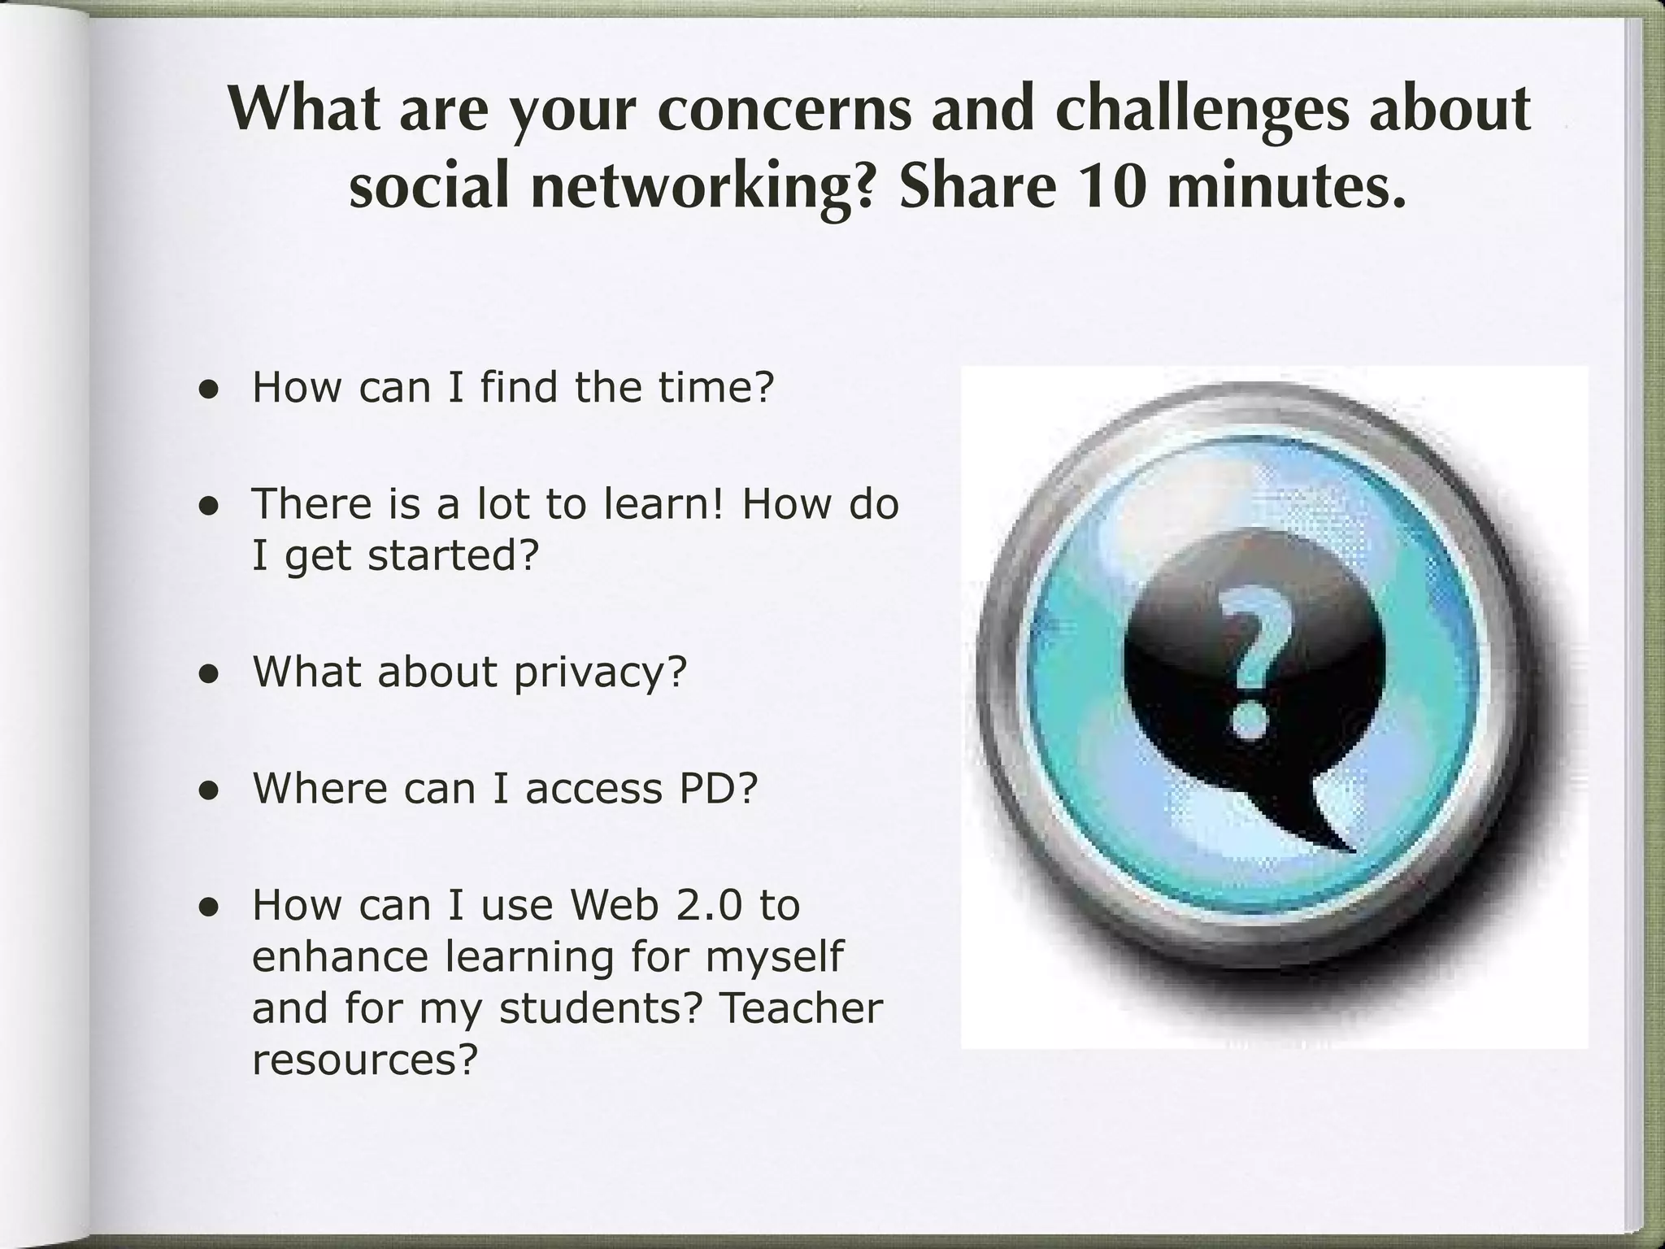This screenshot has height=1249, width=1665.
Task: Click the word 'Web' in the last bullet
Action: coord(614,905)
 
